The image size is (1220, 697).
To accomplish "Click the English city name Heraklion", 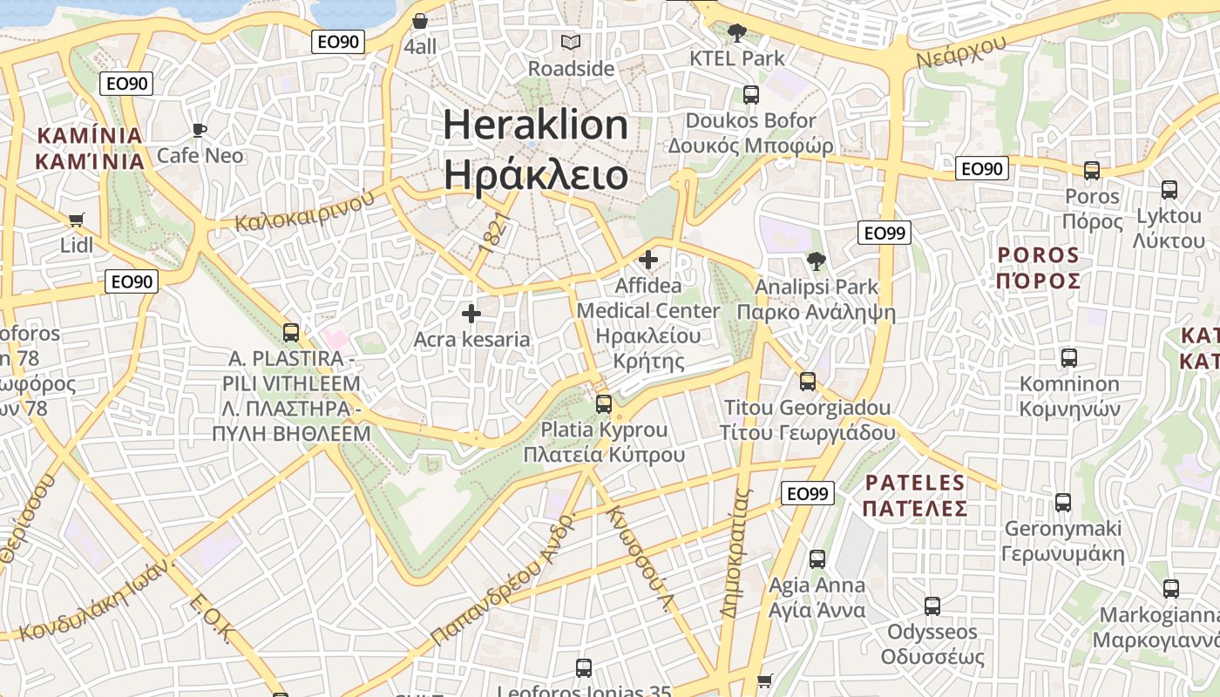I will pos(535,126).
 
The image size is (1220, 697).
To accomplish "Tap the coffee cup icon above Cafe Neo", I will pos(200,131).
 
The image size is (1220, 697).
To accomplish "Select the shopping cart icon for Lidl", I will pos(77,220).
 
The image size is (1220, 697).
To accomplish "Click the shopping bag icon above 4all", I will pos(420,20).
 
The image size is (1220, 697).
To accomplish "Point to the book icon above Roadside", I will pos(571,42).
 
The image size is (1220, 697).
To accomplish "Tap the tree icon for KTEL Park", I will pos(737,33).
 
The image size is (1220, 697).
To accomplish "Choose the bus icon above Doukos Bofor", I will pos(750,95).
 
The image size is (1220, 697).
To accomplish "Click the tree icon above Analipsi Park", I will pos(816,261).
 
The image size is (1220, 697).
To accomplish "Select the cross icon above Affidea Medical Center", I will pos(648,259).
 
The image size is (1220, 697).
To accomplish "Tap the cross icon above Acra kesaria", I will pos(471,314).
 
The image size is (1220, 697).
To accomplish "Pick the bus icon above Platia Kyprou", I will pos(604,404).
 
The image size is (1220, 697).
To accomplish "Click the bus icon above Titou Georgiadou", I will pos(808,382).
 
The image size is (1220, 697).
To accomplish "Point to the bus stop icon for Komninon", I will pos(1069,357).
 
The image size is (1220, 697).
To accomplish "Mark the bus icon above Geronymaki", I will pos(1063,502).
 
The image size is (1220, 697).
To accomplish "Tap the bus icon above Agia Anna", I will pos(817,559).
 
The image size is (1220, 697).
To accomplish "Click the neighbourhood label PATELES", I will pos(915,483).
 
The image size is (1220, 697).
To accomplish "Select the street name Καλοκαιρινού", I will pos(305,211).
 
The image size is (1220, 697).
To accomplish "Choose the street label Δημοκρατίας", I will pos(735,552).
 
